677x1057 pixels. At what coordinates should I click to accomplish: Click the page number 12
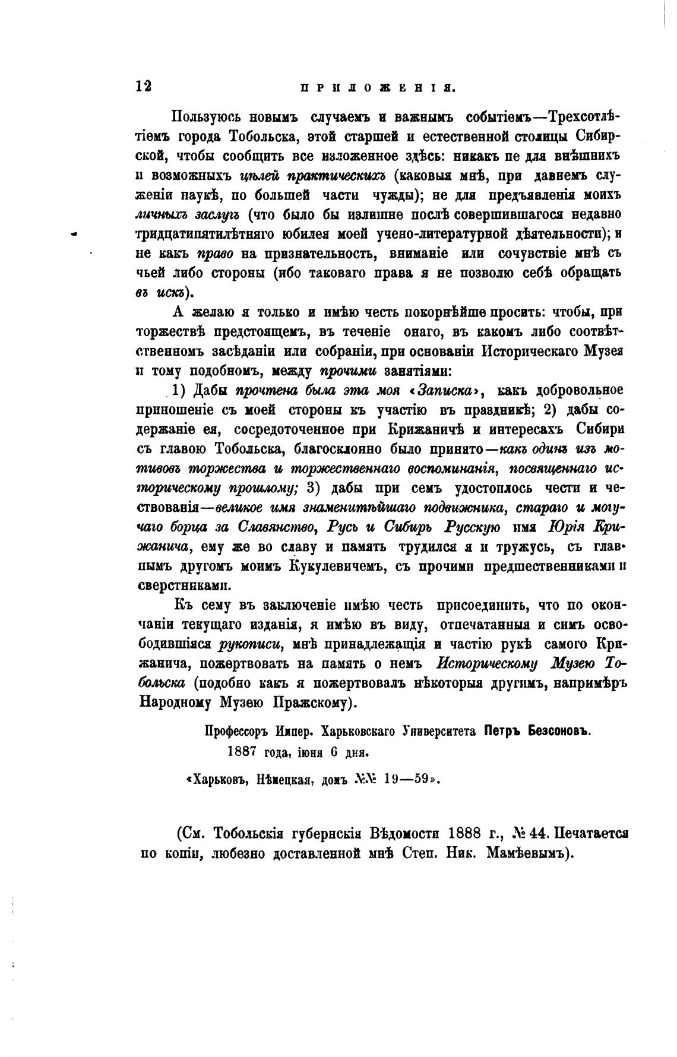[x=144, y=86]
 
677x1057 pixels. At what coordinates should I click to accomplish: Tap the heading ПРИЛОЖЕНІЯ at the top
[x=378, y=87]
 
